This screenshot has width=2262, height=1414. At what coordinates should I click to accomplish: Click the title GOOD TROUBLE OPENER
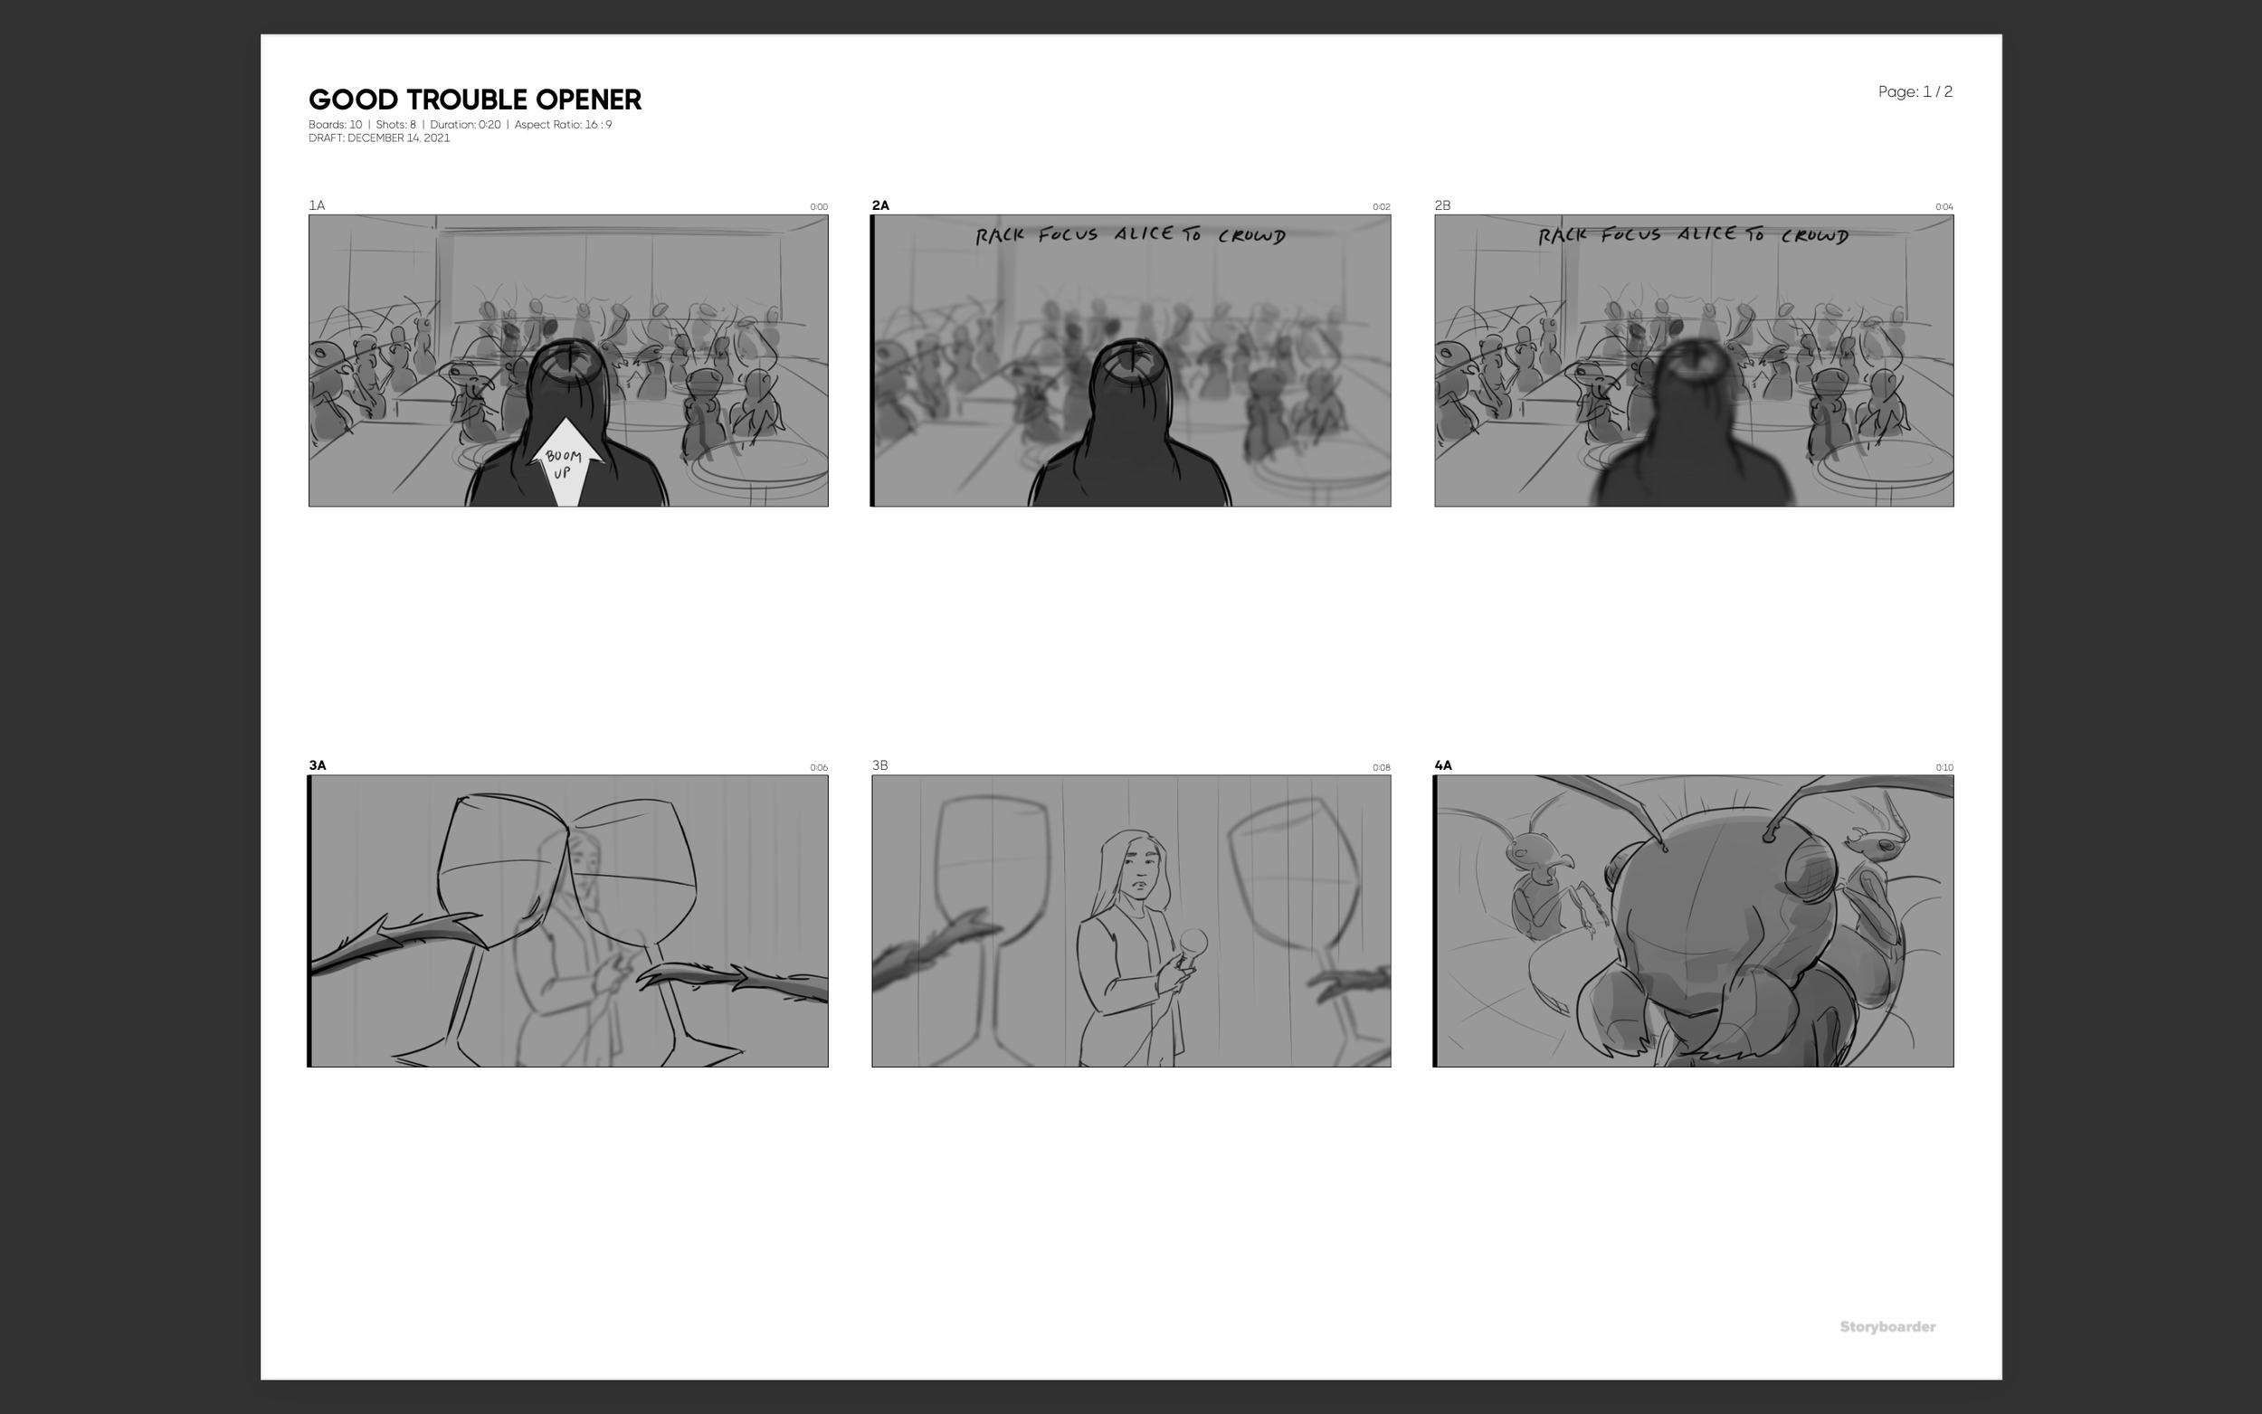474,100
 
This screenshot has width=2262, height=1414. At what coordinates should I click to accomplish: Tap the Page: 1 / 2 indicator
1915,91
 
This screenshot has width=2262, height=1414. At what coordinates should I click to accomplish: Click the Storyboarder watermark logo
1887,1326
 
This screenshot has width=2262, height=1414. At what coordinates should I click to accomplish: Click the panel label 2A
880,204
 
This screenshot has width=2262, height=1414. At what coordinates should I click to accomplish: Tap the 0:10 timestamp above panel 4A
1944,768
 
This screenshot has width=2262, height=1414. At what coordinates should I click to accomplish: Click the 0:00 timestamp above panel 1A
818,206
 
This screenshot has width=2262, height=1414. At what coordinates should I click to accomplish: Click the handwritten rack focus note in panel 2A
1129,234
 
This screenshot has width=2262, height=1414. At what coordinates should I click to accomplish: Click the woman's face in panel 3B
1139,865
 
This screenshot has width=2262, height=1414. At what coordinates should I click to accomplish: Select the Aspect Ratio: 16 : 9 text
563,124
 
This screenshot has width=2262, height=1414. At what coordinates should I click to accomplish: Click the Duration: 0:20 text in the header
465,124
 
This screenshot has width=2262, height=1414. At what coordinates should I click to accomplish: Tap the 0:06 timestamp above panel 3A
818,768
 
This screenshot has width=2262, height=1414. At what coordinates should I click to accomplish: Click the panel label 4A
1443,765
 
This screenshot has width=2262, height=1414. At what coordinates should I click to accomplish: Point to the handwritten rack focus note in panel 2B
1693,234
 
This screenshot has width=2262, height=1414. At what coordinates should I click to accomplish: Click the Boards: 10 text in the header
335,124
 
